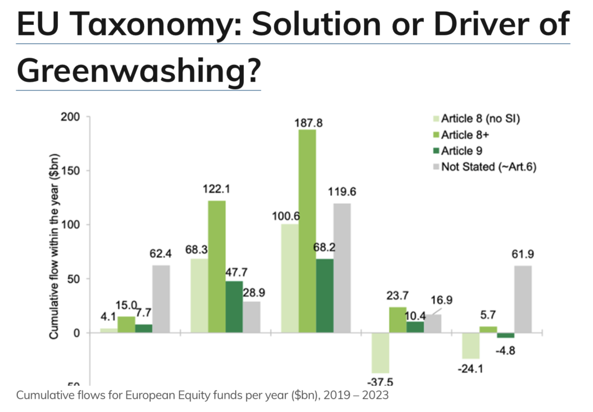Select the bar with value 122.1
tap(217, 266)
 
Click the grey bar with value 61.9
tap(522, 299)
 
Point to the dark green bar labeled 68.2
tap(325, 296)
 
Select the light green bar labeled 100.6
tap(289, 278)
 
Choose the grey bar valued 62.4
tap(161, 299)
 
